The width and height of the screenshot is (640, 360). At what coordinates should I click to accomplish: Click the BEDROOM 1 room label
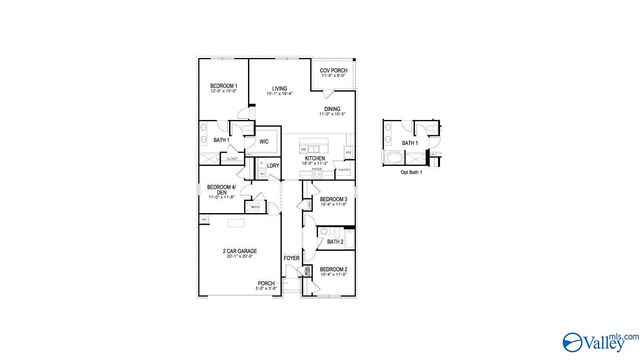click(223, 87)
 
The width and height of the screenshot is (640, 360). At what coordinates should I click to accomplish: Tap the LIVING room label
click(280, 87)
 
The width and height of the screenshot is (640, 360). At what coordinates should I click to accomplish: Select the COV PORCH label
click(332, 70)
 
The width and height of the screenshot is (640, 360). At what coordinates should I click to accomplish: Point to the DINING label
click(332, 108)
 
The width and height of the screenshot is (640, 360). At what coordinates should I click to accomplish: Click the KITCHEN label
click(315, 158)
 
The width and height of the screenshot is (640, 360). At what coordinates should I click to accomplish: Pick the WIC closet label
click(264, 141)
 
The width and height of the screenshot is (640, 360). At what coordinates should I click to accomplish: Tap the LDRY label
click(272, 166)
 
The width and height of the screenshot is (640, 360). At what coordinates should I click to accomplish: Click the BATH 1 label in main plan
click(222, 140)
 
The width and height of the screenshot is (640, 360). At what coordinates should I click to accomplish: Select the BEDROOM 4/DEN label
click(221, 189)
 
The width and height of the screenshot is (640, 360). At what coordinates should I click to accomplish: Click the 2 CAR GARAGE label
click(239, 251)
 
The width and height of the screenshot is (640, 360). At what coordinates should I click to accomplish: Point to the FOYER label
click(291, 259)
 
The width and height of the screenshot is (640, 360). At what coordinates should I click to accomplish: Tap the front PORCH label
click(266, 283)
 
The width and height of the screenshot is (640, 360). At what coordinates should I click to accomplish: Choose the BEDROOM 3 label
click(333, 200)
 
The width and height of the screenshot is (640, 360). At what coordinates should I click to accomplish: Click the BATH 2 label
click(334, 241)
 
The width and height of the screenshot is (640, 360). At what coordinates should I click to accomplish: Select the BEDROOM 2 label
click(333, 269)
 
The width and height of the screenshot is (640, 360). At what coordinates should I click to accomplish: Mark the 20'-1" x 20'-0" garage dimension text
click(239, 257)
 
